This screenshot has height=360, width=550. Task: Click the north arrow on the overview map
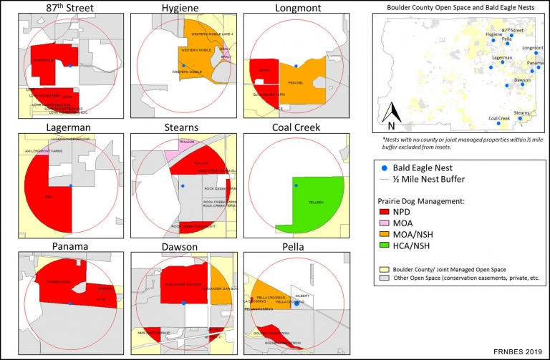tap(392, 113)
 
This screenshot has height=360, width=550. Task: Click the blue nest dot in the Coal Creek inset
tap(294, 185)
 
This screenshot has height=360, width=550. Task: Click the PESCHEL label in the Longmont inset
tap(296, 82)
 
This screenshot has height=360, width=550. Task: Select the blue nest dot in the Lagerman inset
tap(71, 186)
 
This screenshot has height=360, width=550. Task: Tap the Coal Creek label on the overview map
tap(498, 118)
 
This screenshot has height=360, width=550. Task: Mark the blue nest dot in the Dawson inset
tap(184, 303)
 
